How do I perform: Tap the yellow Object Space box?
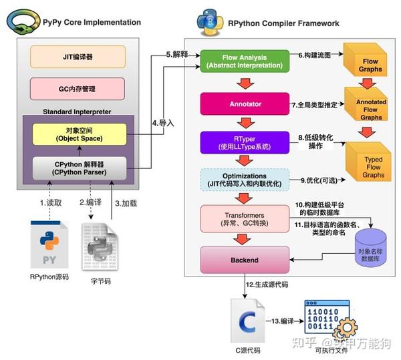[69, 134]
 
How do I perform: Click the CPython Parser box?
[69, 168]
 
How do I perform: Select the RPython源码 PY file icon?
[49, 245]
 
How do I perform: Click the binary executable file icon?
[327, 319]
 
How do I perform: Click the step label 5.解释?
[176, 54]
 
